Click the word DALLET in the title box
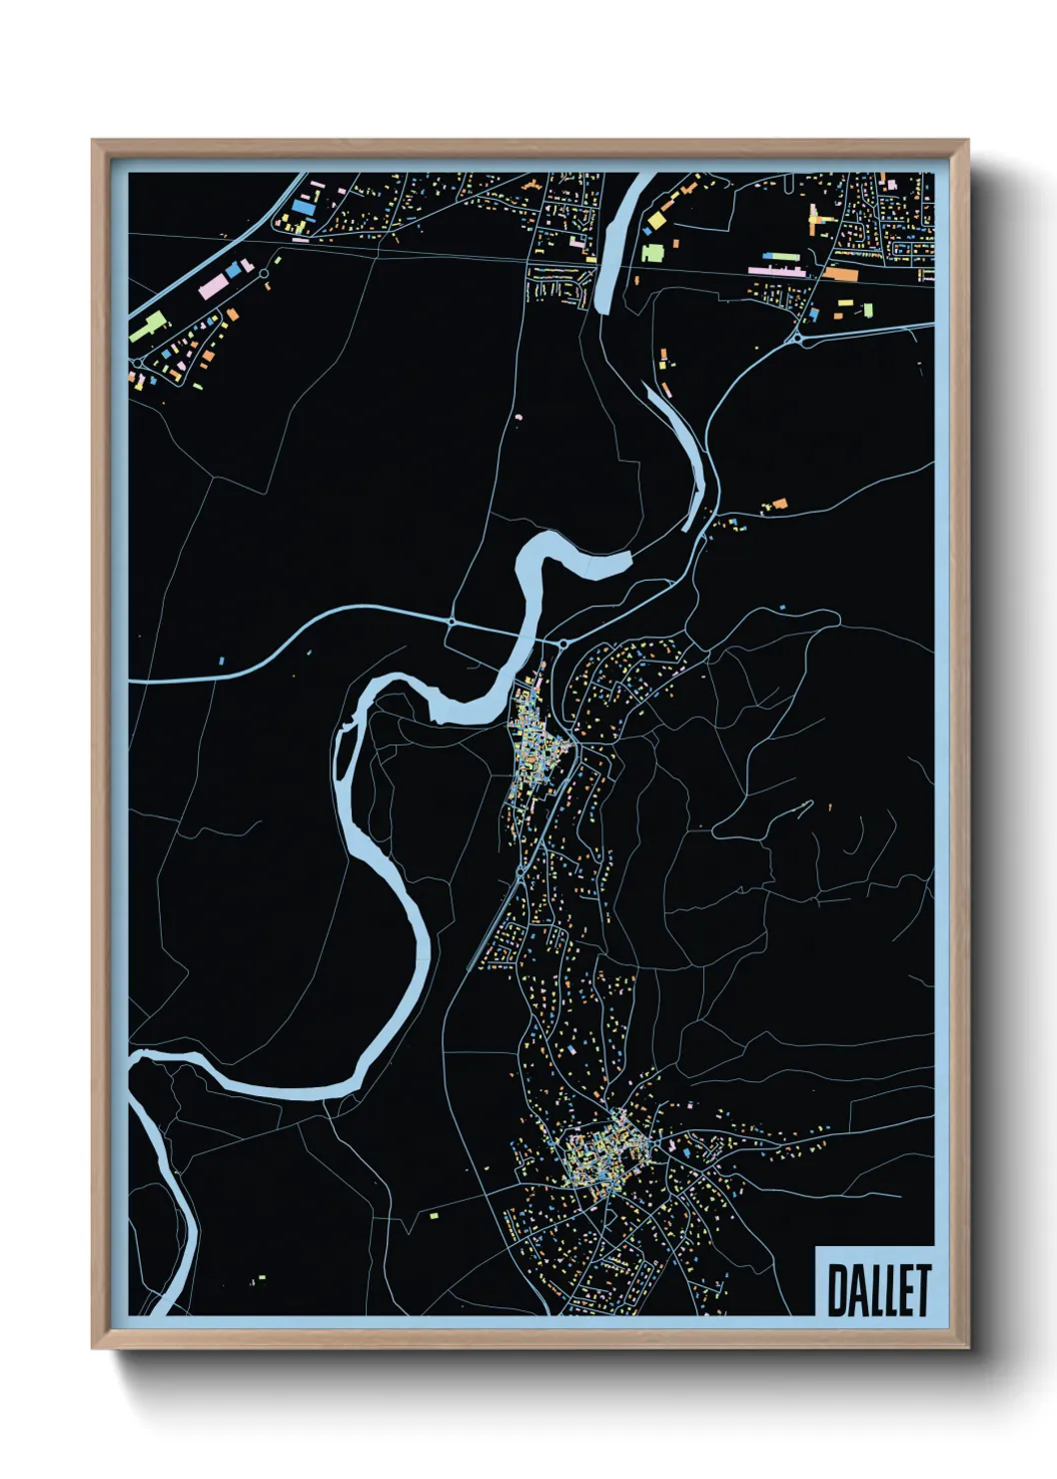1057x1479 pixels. pos(878,1289)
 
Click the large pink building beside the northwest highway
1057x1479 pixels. pos(214,288)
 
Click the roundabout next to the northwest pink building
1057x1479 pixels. pos(264,272)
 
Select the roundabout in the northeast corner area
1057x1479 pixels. pos(798,340)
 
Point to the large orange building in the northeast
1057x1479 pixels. pos(840,273)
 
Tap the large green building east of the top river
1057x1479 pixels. pos(651,251)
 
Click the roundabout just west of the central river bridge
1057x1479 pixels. pos(453,622)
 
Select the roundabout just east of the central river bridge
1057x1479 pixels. pos(562,645)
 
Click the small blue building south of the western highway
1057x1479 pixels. pos(222,661)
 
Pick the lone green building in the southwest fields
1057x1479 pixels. pos(434,1216)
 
